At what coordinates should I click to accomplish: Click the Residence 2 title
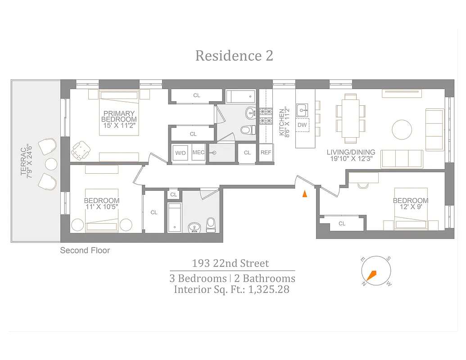pyautogui.click(x=234, y=56)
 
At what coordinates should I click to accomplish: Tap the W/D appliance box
pyautogui.click(x=181, y=153)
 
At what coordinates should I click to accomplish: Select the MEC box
pyautogui.click(x=199, y=153)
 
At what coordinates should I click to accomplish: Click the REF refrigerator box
pyautogui.click(x=266, y=153)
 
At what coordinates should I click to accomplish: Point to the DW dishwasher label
pyautogui.click(x=302, y=125)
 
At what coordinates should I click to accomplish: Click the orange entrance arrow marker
pyautogui.click(x=305, y=193)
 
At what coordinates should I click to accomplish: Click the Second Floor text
pyautogui.click(x=85, y=250)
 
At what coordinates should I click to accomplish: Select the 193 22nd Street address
pyautogui.click(x=231, y=263)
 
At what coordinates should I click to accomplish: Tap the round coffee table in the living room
pyautogui.click(x=402, y=130)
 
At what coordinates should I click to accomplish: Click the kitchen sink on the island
pyautogui.click(x=302, y=108)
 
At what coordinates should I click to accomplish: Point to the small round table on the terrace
pyautogui.click(x=51, y=163)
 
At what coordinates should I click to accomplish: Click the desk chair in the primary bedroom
pyautogui.click(x=81, y=150)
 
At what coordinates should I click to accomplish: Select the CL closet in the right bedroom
pyautogui.click(x=342, y=223)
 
